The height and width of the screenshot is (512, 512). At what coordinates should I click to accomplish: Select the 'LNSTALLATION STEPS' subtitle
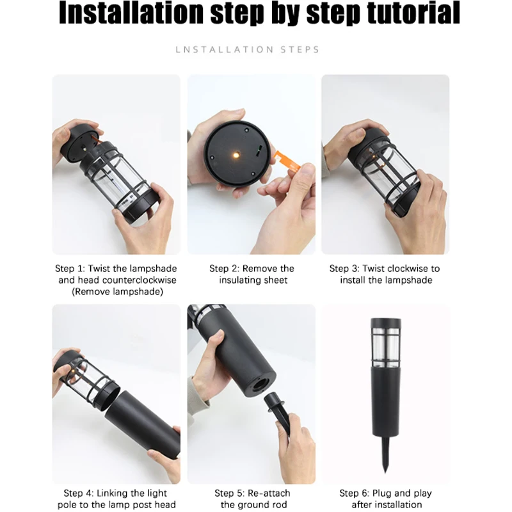pyautogui.click(x=248, y=50)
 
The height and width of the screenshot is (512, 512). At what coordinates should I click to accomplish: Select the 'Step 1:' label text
pyautogui.click(x=70, y=269)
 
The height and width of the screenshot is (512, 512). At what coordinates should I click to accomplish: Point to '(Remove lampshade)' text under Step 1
pyautogui.click(x=117, y=292)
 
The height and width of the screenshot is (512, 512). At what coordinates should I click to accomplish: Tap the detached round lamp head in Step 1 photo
pyautogui.click(x=79, y=143)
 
